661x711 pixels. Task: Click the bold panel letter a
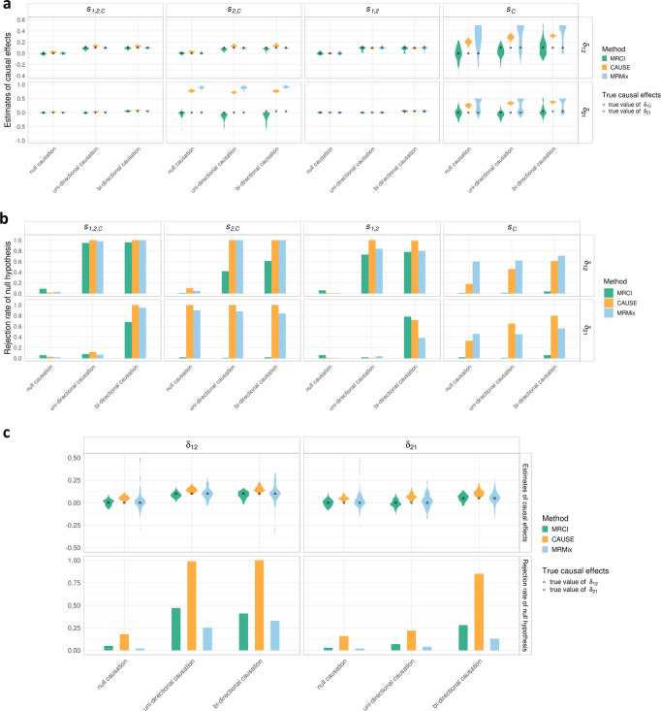6,7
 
